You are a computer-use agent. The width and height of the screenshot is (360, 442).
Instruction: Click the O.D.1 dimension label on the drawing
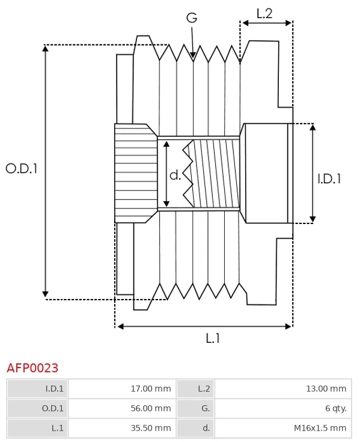(22, 169)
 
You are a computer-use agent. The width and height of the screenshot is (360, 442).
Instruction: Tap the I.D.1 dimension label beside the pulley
(329, 178)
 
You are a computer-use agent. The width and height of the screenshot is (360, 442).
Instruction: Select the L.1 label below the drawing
(213, 339)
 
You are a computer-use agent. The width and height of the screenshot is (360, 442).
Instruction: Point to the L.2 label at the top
(264, 13)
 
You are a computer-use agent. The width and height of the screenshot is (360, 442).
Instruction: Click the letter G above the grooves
(192, 18)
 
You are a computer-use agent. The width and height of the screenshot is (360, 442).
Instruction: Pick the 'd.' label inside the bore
(175, 175)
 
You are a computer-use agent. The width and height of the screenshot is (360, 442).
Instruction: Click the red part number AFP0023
(32, 368)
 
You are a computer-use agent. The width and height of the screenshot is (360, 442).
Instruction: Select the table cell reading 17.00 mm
(150, 389)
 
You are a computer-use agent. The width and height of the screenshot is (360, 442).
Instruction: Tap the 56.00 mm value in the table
(150, 408)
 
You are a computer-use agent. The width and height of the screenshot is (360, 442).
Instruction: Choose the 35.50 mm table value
(150, 428)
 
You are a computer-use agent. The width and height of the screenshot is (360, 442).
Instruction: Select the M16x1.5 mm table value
(320, 428)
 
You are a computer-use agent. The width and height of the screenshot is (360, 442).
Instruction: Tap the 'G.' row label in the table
(206, 408)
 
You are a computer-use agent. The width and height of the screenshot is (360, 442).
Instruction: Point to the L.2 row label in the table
(204, 389)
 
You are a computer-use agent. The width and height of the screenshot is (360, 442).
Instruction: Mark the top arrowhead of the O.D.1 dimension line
(46, 49)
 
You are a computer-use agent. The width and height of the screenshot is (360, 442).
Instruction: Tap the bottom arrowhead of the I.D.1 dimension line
(313, 219)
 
